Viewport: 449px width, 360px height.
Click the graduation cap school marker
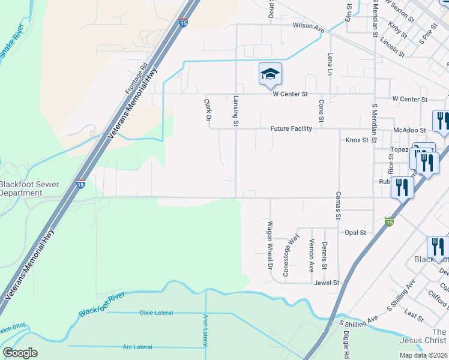click(270, 74)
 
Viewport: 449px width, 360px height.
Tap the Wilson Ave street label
click(309, 27)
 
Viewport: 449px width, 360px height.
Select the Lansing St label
click(236, 112)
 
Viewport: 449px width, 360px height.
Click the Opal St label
click(355, 232)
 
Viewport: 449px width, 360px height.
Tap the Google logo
click(20, 353)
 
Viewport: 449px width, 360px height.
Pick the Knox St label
click(357, 140)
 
